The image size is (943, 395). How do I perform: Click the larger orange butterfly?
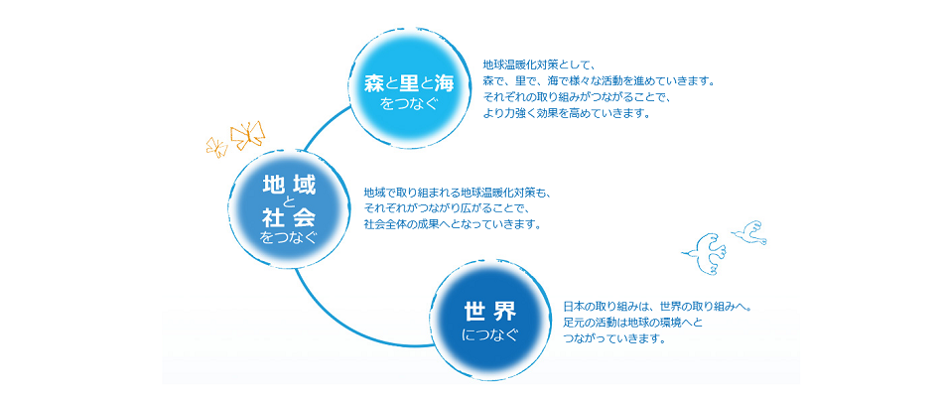pos(248,135)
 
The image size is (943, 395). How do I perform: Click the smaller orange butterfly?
pos(216,146)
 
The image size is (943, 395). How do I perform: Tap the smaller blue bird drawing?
pos(749,231)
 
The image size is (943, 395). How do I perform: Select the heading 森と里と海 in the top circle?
pos(409,83)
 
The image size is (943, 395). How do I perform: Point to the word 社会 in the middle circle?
pos(289,215)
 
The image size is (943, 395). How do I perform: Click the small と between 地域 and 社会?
pos(289,201)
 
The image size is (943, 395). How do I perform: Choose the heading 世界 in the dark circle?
pos(490,312)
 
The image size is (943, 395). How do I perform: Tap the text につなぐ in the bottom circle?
pos(490,334)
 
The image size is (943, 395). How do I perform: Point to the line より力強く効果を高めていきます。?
pos(567,113)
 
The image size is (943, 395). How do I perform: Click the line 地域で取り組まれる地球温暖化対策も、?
pos(458,193)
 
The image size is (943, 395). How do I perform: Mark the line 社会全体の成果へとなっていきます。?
pos(453,226)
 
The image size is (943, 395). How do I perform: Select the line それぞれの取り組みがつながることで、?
pos(577,97)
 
